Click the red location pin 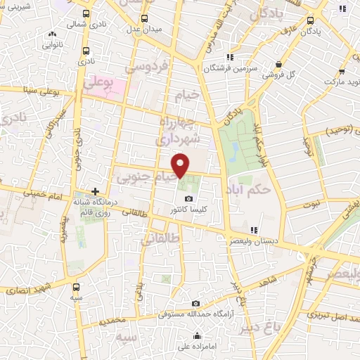pos(181,165)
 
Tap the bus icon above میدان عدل pos(144,18)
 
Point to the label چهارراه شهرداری pos(180,131)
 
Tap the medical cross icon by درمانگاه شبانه pos(96,191)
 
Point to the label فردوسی pos(147,67)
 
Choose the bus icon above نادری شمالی pos(86,13)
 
